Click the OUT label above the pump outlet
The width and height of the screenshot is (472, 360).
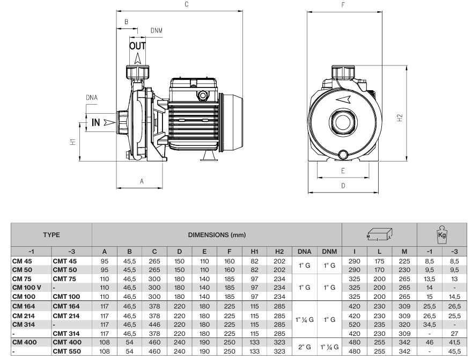click(137, 46)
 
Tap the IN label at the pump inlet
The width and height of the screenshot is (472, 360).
click(95, 122)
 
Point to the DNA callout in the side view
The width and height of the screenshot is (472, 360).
click(92, 98)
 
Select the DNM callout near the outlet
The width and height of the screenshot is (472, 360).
click(156, 30)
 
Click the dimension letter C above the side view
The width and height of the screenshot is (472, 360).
click(186, 4)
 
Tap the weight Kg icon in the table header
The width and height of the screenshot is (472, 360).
click(442, 234)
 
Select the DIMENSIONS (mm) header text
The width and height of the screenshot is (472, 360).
click(217, 235)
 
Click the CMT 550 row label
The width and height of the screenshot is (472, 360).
click(67, 352)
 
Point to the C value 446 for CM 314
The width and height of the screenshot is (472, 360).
click(154, 325)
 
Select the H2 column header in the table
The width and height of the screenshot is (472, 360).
click(279, 252)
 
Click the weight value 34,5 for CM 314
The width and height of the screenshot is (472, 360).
click(429, 325)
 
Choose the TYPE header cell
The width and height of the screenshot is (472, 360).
click(51, 235)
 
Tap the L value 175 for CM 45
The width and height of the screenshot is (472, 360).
click(380, 261)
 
